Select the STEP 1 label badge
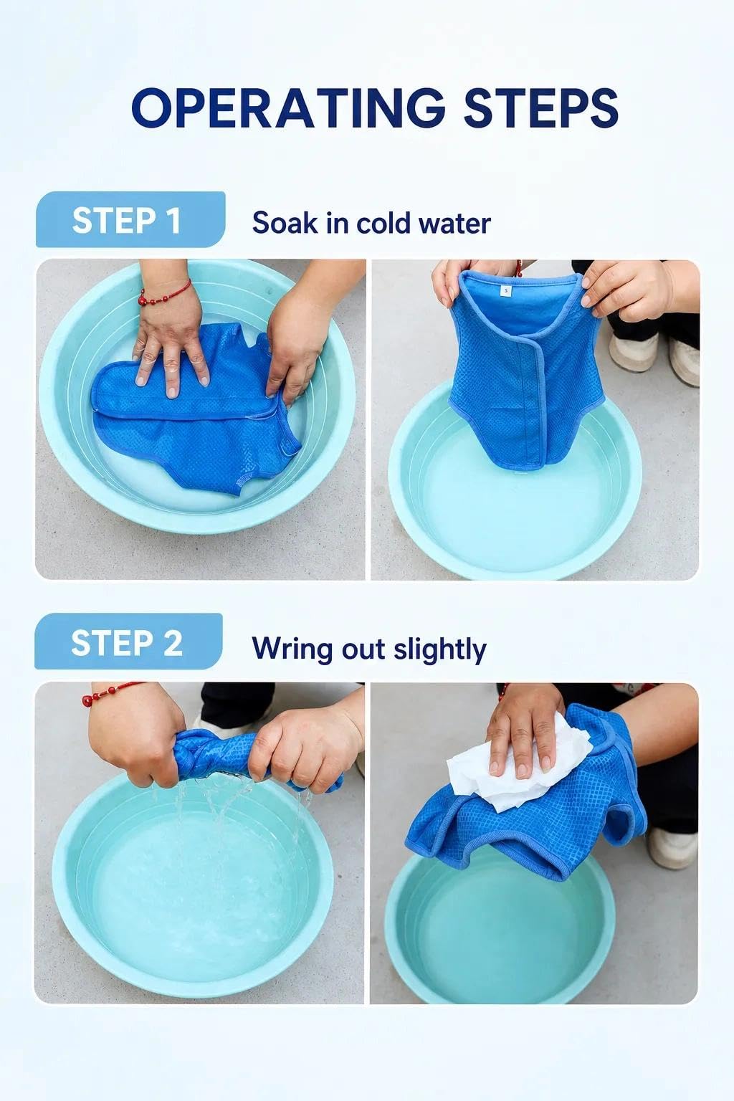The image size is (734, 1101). tap(130, 219)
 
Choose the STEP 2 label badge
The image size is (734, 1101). tap(128, 641)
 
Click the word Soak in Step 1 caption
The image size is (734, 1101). tap(285, 223)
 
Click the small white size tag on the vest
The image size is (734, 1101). tap(506, 291)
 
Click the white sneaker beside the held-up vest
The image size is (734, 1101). tap(635, 351)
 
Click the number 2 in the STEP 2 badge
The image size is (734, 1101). tap(173, 643)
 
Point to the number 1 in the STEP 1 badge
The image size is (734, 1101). tap(173, 221)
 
